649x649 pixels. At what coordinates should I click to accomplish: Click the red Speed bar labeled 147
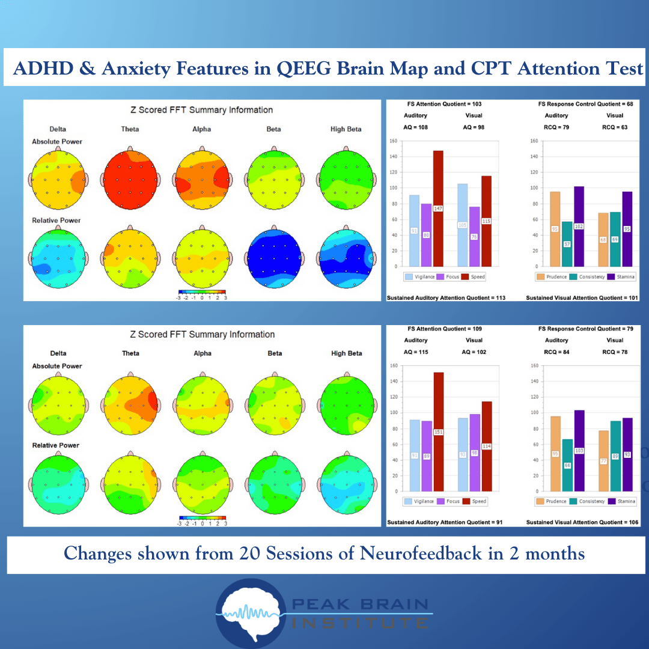coord(438,208)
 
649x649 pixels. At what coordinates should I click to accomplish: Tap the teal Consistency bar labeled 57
coord(567,244)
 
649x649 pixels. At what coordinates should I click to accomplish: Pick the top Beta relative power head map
coord(274,258)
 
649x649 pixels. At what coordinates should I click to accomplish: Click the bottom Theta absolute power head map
coord(130,402)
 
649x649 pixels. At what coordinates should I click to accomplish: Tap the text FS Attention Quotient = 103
coord(444,104)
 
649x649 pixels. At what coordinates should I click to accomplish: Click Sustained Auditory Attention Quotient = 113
coord(446,297)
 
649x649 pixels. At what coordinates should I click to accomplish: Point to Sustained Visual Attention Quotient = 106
coord(582,522)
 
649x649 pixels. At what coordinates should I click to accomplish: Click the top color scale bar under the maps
coord(202,291)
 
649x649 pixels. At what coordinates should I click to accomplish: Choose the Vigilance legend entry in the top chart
coord(421,277)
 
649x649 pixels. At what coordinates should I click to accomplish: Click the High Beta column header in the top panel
coord(346,129)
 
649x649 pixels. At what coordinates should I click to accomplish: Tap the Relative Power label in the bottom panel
coord(56,445)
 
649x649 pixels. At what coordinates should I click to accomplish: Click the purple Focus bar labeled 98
coord(474,452)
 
